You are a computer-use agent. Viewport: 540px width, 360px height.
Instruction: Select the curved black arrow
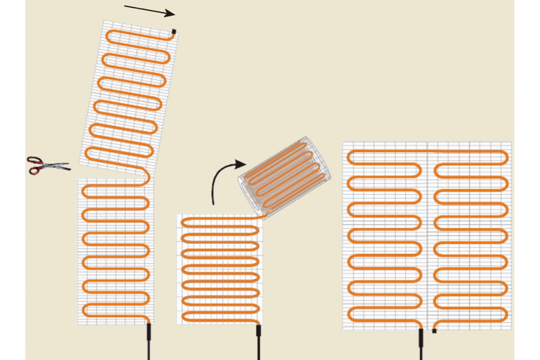coord(220,180)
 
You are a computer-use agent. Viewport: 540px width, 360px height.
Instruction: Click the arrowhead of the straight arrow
coord(171,14)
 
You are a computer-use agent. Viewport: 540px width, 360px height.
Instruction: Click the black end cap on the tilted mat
coord(174,31)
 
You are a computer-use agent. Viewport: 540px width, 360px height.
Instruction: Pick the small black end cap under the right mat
coord(434,331)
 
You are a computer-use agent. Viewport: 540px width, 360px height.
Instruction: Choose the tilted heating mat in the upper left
coord(129,97)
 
